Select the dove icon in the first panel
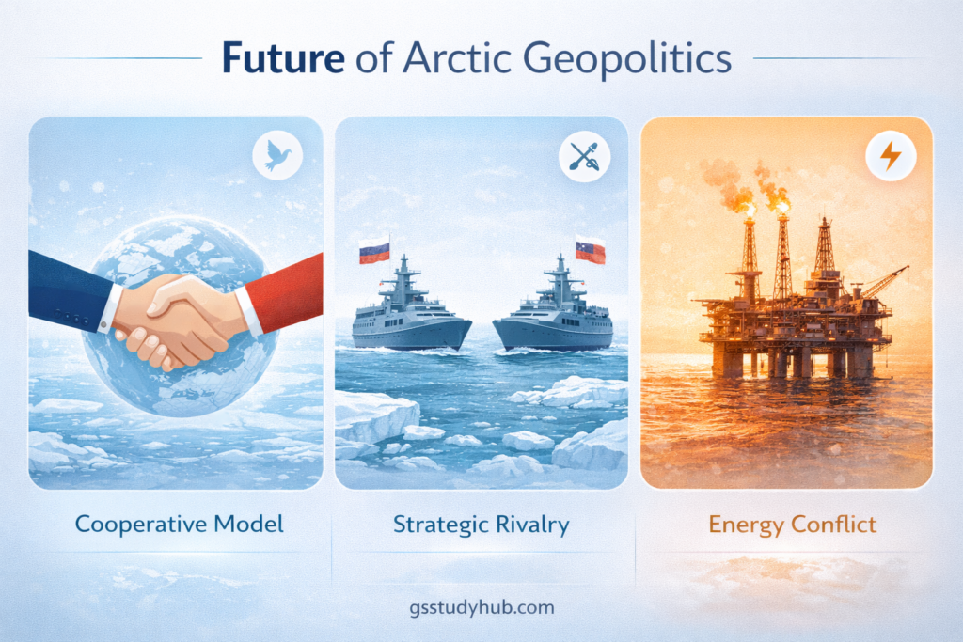point(277,155)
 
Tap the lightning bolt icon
point(889,156)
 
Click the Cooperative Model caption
point(179,524)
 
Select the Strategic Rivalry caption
point(481,524)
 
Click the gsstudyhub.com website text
point(481,607)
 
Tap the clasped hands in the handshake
point(174,315)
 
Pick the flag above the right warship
point(590,250)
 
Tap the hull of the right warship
point(550,334)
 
